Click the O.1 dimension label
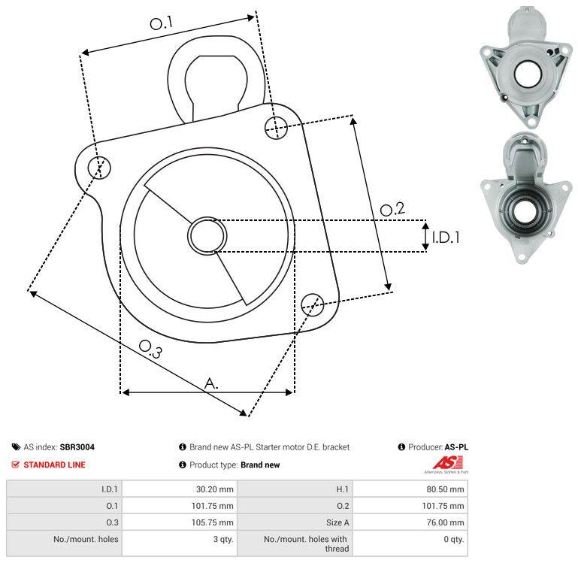point(161,24)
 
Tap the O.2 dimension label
point(392,209)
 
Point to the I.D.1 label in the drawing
point(445,238)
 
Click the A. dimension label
point(212,383)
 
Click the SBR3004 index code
point(77,446)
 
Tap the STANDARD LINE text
point(54,465)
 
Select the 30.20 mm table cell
point(214,489)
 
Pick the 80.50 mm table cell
point(445,489)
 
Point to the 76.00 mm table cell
point(445,522)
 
